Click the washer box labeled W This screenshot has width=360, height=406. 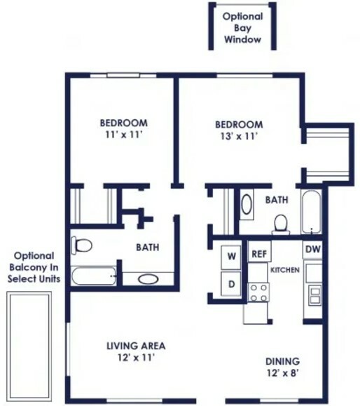pos(231,257)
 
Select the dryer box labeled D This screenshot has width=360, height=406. pos(231,284)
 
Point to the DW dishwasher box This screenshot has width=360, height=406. pos(312,250)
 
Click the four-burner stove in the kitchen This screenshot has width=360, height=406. pos(258,292)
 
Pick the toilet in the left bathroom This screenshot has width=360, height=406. pos(81,245)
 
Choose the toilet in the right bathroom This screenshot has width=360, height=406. pos(281,224)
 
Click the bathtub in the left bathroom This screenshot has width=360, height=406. pos(94,276)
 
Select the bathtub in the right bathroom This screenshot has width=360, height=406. pos(312,212)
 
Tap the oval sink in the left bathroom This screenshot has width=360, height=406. pos(148,279)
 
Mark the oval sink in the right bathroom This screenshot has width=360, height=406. pos(247,204)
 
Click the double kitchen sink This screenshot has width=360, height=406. pos(315,295)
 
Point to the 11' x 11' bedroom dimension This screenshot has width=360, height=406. pos(124,135)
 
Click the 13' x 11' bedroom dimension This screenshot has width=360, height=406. pos(239,137)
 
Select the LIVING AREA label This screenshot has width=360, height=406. pos(136,346)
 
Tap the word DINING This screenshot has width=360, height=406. pos(283,361)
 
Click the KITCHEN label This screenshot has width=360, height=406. pos(285,270)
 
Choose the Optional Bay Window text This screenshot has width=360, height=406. pos(242,28)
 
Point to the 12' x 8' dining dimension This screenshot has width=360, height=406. pos(283,373)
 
